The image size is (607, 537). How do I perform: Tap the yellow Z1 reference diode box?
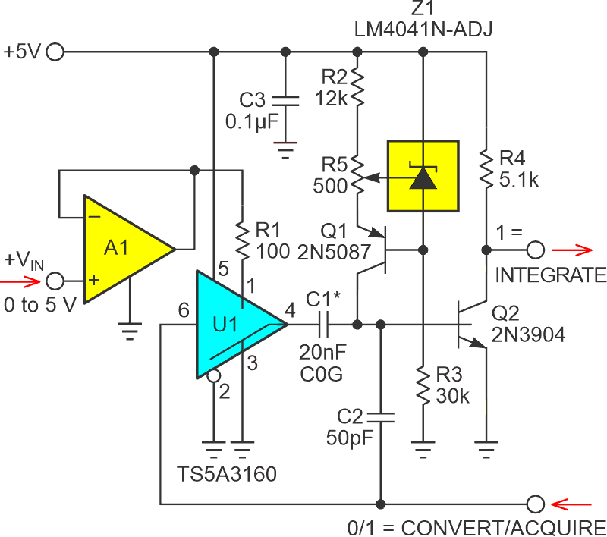[423, 175]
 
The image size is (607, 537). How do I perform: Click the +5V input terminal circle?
[56, 52]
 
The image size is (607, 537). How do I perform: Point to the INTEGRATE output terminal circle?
[535, 249]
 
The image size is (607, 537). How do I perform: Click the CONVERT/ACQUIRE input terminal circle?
[535, 503]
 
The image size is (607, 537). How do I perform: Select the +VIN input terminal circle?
[56, 281]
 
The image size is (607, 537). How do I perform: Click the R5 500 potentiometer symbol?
[357, 181]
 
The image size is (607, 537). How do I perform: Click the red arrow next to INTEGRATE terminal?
[573, 249]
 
